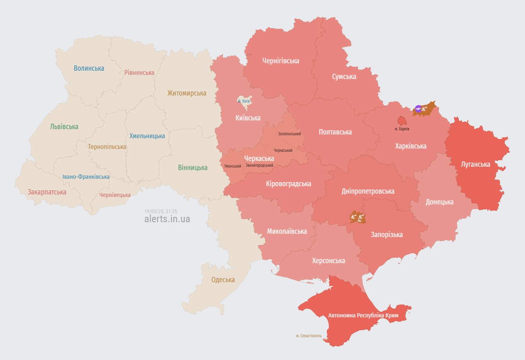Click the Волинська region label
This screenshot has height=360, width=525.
[89, 68]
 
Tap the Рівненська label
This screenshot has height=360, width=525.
[139, 72]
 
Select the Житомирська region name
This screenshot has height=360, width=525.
[187, 93]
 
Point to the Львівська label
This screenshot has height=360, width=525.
[64, 127]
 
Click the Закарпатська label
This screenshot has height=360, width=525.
[47, 192]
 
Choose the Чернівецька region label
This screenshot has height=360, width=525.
[115, 195]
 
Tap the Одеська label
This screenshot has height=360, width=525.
[223, 280]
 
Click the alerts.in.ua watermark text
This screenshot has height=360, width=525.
[167, 219]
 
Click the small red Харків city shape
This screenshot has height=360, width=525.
[402, 121]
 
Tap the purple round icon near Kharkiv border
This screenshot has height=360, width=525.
[418, 109]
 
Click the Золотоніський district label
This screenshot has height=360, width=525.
[289, 134]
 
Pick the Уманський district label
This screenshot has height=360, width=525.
[233, 166]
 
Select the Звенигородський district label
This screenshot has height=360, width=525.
[259, 166]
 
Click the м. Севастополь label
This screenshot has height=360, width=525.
[309, 336]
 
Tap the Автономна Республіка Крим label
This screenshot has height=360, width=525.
[363, 315]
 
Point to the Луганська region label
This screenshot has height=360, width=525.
[475, 164]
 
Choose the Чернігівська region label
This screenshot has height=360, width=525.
[280, 61]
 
